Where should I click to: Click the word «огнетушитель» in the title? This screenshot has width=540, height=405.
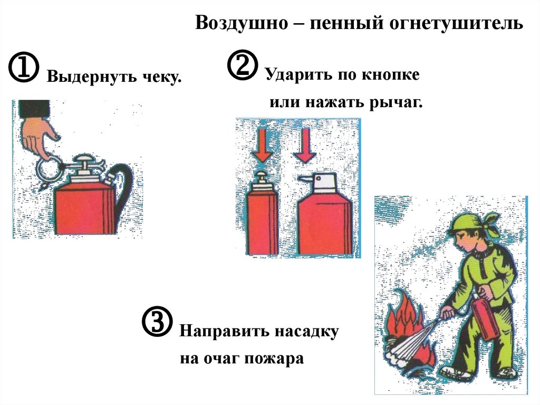(456, 23)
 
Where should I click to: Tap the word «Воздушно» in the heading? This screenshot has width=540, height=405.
(242, 23)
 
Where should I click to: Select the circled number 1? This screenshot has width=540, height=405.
(23, 68)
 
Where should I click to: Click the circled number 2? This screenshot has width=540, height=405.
(243, 65)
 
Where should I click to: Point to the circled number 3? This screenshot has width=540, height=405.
(157, 322)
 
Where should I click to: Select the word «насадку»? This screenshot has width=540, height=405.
(307, 332)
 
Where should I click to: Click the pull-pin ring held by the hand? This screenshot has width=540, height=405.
(48, 168)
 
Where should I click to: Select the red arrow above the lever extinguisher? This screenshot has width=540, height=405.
(304, 145)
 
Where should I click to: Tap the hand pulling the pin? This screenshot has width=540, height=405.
(38, 137)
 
